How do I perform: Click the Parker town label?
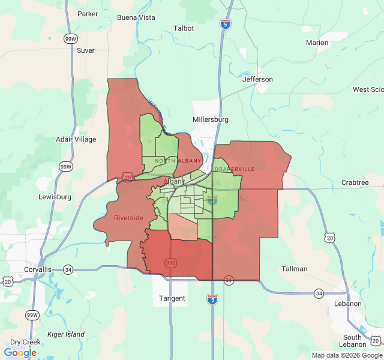(88, 14)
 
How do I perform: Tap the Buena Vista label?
(136, 17)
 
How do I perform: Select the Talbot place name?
(184, 28)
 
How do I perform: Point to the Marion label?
(317, 43)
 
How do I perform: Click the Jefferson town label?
(257, 79)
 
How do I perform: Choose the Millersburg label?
(211, 119)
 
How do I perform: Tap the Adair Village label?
(76, 139)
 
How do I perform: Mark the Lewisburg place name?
(55, 197)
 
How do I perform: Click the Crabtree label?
(355, 182)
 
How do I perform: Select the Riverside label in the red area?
(128, 218)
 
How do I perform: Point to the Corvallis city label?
(38, 269)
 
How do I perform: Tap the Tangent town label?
(172, 298)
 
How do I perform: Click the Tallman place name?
(295, 269)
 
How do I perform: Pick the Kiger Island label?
(66, 334)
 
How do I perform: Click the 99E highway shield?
(170, 263)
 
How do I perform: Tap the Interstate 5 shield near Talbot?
(225, 25)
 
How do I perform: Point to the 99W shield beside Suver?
(70, 39)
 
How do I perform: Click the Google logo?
(20, 353)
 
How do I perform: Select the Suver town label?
(86, 50)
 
